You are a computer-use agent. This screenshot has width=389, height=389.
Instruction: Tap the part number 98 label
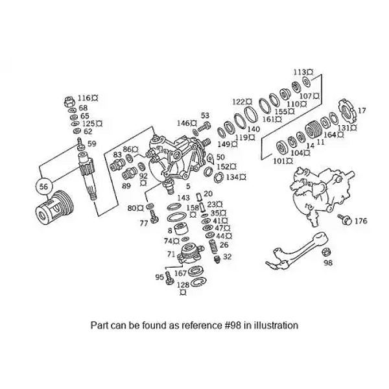328,263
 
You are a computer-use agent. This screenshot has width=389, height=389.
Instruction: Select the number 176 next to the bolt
360,221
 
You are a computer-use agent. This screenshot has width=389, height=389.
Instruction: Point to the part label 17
362,110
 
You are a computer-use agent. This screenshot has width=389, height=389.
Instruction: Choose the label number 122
239,102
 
